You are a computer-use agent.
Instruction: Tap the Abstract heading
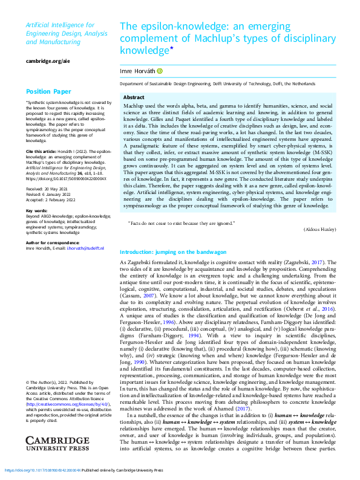coord(134,97)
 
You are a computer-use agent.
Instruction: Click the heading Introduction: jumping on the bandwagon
coord(173,251)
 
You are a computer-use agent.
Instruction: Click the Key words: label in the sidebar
coord(36,211)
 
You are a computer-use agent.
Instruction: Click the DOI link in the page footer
coord(41,470)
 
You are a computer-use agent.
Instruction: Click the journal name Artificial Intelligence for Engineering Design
coord(60,29)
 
